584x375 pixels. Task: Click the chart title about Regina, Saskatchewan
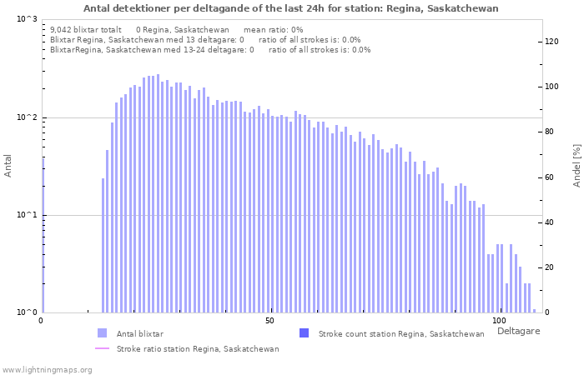coord(291,8)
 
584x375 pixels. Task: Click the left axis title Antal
coord(8,166)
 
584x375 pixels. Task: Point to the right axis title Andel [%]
coord(576,165)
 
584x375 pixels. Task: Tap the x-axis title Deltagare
coord(519,332)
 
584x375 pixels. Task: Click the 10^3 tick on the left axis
coord(27,19)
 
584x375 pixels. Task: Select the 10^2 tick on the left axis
coord(27,117)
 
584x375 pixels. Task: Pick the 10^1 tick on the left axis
coord(27,215)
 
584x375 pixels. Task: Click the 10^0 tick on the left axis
coord(27,312)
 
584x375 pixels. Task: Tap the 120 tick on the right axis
coord(551,42)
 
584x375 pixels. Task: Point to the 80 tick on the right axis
coord(549,132)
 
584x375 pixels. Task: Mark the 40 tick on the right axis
coord(549,222)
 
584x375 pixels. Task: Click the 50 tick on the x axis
coord(269,321)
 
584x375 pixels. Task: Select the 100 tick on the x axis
coord(499,321)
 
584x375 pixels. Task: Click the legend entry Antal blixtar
coord(140,334)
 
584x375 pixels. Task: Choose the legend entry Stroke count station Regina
coord(401,334)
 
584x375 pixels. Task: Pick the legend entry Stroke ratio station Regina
coord(198,349)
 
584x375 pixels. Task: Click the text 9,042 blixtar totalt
coord(86,29)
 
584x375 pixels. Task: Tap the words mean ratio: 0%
coord(273,29)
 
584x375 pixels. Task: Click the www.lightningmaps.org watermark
coord(46,369)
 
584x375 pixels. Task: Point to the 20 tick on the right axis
coord(549,267)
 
